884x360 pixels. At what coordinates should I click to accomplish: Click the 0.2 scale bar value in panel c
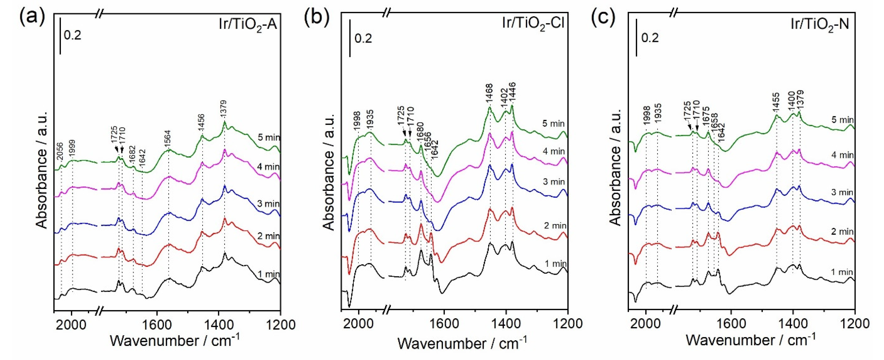click(650, 38)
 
